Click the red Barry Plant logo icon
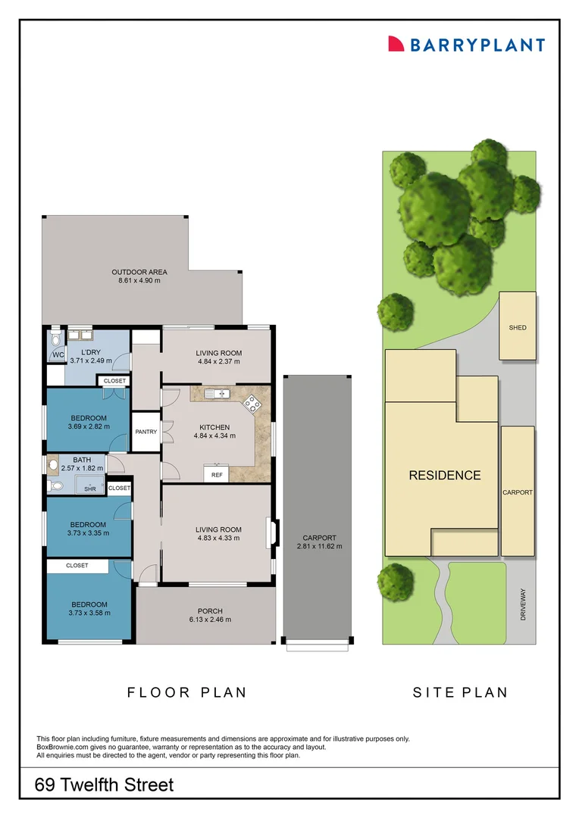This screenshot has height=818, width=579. click(x=396, y=44)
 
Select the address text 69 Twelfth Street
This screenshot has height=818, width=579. click(x=105, y=785)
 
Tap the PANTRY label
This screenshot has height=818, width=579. click(x=146, y=432)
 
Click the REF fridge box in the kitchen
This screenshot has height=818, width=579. click(x=217, y=475)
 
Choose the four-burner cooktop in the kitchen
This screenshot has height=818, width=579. click(x=252, y=403)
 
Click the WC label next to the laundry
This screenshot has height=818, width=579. click(x=58, y=355)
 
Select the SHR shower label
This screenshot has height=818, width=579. click(x=90, y=489)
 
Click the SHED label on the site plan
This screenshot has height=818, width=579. click(x=518, y=328)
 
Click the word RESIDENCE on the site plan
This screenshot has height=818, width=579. click(x=445, y=476)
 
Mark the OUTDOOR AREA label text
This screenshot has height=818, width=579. click(x=139, y=272)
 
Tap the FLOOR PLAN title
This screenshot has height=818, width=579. click(x=187, y=692)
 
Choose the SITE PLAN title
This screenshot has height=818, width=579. click(x=460, y=692)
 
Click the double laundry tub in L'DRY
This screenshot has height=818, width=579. click(x=80, y=335)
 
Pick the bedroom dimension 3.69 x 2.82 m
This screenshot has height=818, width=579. click(x=89, y=426)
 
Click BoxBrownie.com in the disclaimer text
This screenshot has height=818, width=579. click(x=66, y=747)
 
